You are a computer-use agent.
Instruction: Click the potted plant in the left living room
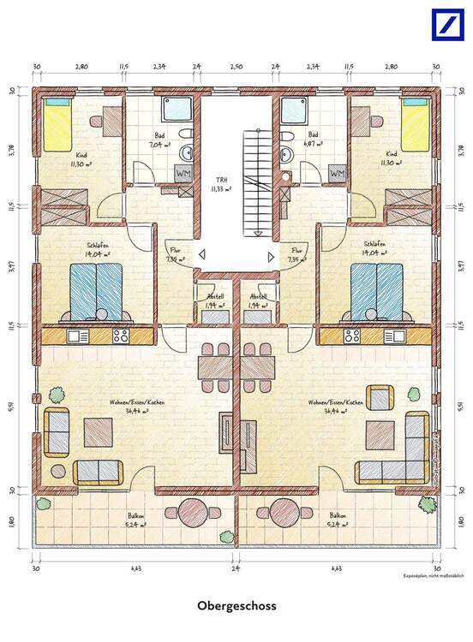(x=56, y=395)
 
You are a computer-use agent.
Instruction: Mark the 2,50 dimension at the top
(x=236, y=65)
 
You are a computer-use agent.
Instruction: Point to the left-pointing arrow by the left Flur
(x=202, y=254)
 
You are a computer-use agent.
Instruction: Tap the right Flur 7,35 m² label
(x=297, y=255)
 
